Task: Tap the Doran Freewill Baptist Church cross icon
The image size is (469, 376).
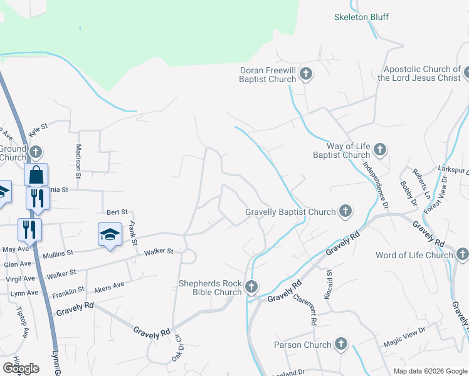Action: tap(305, 75)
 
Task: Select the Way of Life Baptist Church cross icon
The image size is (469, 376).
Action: tap(379, 150)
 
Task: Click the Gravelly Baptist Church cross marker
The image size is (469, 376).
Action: tap(345, 212)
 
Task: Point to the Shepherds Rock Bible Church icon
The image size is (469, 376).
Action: tap(251, 287)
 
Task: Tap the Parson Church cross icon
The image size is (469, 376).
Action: tap(340, 344)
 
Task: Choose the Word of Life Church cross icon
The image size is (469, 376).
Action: tap(462, 254)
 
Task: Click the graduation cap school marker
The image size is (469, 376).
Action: tap(110, 235)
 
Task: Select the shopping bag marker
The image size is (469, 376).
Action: tap(36, 174)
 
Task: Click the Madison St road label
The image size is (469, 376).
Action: tap(79, 161)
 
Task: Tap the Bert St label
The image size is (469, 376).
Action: tap(117, 212)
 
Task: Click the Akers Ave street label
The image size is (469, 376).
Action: tap(109, 287)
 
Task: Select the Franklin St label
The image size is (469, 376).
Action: tap(68, 291)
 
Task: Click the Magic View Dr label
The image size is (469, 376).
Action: tap(404, 339)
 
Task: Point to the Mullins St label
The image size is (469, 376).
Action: tap(58, 253)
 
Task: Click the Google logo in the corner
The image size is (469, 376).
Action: tap(21, 368)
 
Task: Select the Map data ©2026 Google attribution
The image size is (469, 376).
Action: tap(429, 371)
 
